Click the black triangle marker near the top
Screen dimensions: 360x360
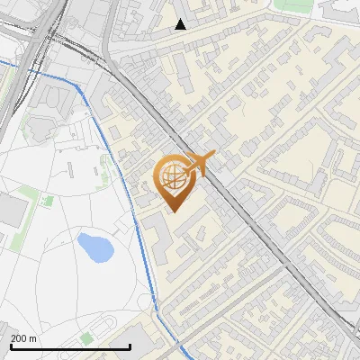tap(181, 24)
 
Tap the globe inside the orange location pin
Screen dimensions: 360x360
tap(173, 176)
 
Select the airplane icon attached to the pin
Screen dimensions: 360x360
tap(199, 163)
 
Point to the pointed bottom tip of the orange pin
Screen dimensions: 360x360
tap(173, 211)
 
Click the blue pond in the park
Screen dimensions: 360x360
tap(94, 247)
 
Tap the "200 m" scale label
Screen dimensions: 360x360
tap(23, 338)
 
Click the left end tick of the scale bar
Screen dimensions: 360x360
tap(11, 346)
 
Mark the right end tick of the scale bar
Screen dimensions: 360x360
tap(130, 346)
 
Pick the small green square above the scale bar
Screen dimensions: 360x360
tap(86, 337)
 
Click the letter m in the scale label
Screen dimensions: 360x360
tap(32, 338)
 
